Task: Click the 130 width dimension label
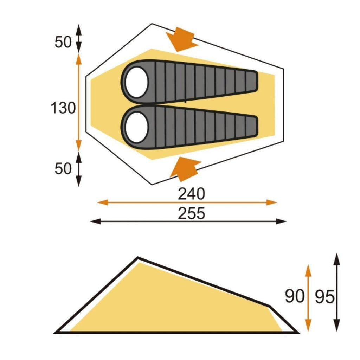63,108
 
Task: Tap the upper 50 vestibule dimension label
63,43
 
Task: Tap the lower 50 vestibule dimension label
63,169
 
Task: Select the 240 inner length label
191,194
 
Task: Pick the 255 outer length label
191,213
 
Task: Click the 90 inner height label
294,296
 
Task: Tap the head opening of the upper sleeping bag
137,82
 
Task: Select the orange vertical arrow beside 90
308,297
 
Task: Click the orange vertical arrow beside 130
78,102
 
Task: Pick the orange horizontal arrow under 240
187,202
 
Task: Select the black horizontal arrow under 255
188,221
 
